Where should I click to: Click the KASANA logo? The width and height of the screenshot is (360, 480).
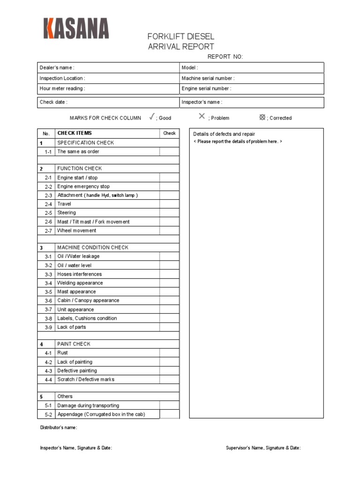coord(76,28)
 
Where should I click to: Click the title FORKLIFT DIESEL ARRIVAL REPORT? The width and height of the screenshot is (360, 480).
coord(181,42)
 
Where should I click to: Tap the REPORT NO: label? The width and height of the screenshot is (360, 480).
coord(225,57)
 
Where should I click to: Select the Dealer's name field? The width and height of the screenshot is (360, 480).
coord(108,68)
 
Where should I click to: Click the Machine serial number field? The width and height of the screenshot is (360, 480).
coord(252,78)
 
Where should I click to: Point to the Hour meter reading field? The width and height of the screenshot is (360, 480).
coord(108,89)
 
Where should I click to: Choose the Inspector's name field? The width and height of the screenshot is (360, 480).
coord(252,102)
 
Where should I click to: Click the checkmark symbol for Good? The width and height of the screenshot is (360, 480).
coord(152,117)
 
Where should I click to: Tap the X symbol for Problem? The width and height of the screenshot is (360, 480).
coord(202,116)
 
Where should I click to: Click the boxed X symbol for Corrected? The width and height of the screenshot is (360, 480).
coord(262,117)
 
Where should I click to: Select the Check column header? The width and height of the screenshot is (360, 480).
coord(169,134)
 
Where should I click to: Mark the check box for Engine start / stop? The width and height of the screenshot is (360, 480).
coord(169,178)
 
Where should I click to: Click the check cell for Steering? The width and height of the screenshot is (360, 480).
coord(169,213)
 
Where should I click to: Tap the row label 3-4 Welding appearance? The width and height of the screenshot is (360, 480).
coord(80,283)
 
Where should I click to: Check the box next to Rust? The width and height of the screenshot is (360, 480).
coord(169,353)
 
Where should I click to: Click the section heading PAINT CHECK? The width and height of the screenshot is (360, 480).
coord(74,344)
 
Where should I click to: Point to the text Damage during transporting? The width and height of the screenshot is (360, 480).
coord(88,405)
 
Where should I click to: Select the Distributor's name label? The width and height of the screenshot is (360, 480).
coord(59,427)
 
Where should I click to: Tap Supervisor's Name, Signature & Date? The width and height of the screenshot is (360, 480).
coord(263,448)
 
